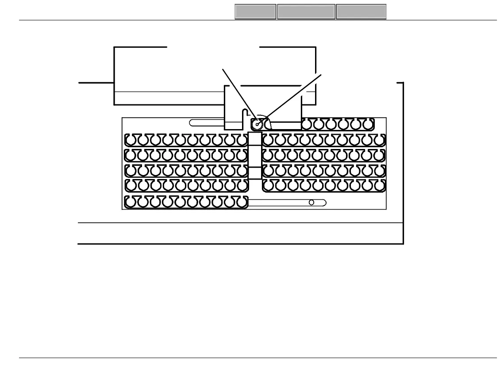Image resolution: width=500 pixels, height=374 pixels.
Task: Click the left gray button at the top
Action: click(x=255, y=12)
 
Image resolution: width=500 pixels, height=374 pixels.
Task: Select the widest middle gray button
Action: click(x=306, y=12)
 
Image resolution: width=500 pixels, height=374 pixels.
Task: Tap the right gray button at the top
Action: click(x=361, y=12)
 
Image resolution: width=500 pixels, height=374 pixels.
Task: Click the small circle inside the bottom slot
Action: click(x=312, y=202)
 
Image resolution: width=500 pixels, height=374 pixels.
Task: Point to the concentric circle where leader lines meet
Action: click(x=257, y=124)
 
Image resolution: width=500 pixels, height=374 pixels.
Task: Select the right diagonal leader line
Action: click(x=292, y=98)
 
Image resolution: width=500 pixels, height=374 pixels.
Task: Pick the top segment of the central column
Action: click(x=255, y=138)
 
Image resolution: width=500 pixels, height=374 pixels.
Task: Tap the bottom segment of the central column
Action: click(x=255, y=173)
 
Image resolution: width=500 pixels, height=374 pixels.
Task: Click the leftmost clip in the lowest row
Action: click(x=131, y=202)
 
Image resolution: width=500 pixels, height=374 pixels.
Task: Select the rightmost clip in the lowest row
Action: click(x=241, y=202)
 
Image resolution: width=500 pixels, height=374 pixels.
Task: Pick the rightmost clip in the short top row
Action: click(x=368, y=124)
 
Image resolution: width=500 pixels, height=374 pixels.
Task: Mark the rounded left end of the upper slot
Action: click(x=192, y=122)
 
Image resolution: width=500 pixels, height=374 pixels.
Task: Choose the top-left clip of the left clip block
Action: click(x=131, y=140)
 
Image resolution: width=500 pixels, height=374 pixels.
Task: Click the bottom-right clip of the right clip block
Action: click(x=379, y=186)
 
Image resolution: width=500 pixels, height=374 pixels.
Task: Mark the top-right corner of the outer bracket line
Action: click(x=403, y=83)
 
